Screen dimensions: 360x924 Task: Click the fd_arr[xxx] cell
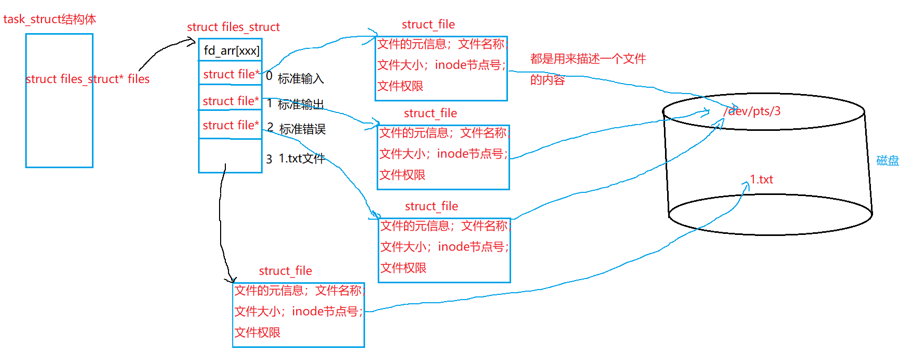click(x=231, y=50)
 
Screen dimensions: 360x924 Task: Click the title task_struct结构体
click(x=49, y=19)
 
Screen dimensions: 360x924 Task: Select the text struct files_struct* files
click(x=87, y=79)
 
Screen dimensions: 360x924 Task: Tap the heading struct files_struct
click(x=233, y=27)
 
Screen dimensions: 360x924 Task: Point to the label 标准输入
click(x=300, y=79)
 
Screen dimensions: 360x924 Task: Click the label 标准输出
click(x=300, y=104)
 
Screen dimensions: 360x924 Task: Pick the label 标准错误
click(x=303, y=129)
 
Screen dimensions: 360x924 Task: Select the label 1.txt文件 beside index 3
click(x=302, y=158)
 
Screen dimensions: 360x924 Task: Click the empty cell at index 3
click(x=230, y=156)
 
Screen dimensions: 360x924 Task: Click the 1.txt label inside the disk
click(x=761, y=179)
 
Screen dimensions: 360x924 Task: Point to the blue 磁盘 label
click(x=887, y=160)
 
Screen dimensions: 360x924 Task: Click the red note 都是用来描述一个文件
click(x=588, y=59)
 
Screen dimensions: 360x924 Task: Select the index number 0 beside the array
click(x=269, y=76)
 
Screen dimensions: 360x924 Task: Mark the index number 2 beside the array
click(x=270, y=127)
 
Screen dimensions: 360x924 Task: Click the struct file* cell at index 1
click(x=231, y=101)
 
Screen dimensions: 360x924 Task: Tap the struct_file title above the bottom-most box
click(x=285, y=271)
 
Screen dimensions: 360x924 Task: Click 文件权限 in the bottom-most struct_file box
click(x=257, y=332)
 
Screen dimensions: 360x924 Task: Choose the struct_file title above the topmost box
click(x=428, y=24)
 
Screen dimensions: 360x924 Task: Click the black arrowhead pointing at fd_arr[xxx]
click(x=193, y=42)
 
